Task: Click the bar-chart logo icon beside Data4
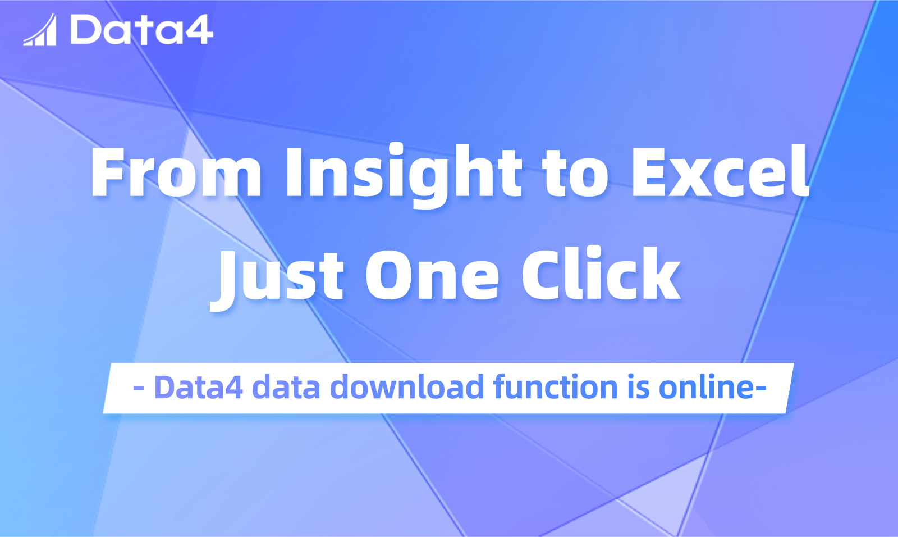coord(40,30)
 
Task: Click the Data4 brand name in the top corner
coord(141,30)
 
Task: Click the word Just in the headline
coord(277,277)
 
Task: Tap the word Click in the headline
coord(601,274)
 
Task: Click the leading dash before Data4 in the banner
coord(139,389)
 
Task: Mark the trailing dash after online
coord(761,389)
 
